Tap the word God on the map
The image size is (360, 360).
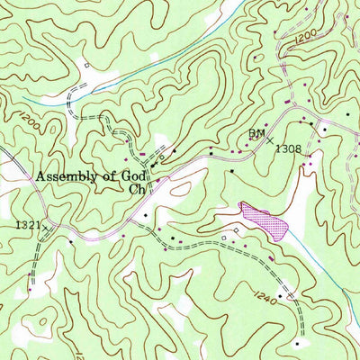[130, 176]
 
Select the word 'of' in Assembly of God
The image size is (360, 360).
[105, 176]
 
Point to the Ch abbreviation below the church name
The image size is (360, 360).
[136, 190]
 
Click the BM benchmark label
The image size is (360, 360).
[256, 133]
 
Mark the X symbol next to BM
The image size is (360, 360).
[271, 142]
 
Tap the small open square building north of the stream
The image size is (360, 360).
[85, 65]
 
